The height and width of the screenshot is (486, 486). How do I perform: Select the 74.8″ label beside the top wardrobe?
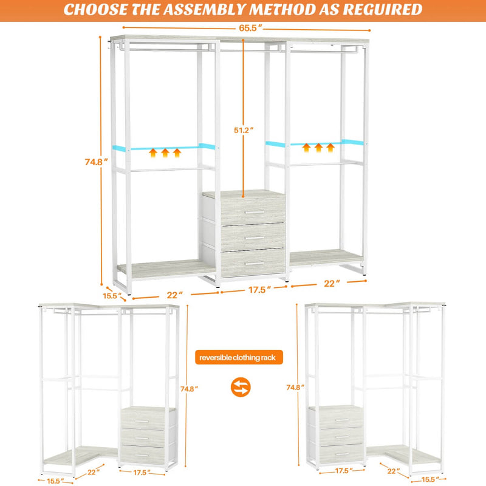tap(95, 162)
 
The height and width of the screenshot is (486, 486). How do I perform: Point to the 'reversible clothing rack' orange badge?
tap(238, 357)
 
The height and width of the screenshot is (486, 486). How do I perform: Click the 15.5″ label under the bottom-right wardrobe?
tap(429, 479)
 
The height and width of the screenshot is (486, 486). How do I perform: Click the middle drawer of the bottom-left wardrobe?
tap(146, 437)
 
